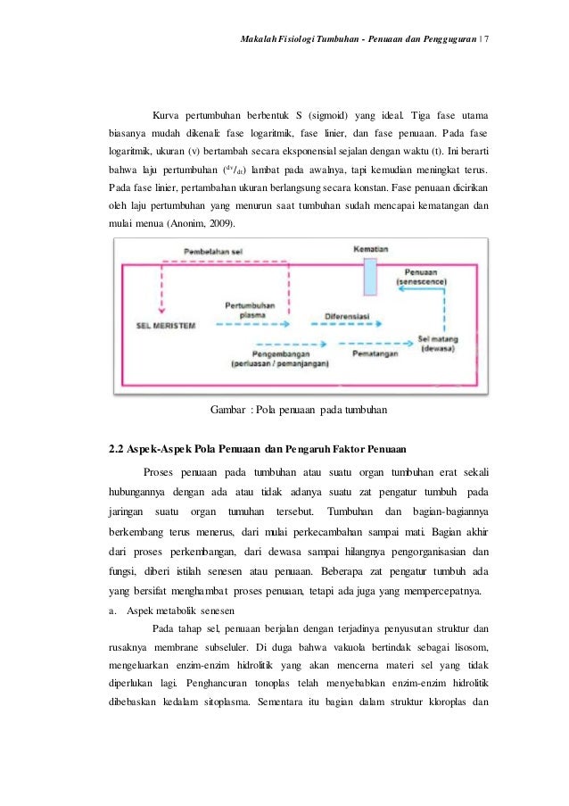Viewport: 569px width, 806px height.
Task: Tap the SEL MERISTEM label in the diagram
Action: point(166,324)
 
